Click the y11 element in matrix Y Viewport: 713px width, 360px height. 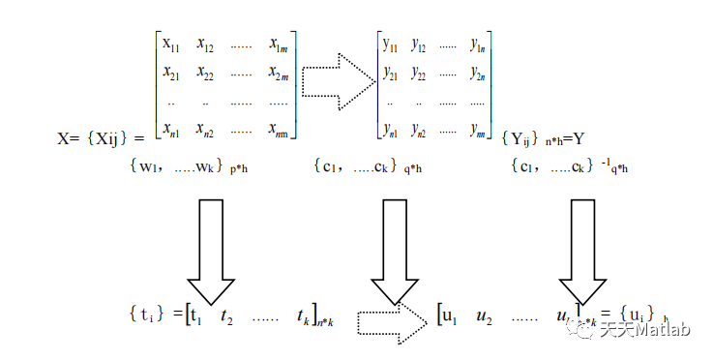pyautogui.click(x=391, y=45)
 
